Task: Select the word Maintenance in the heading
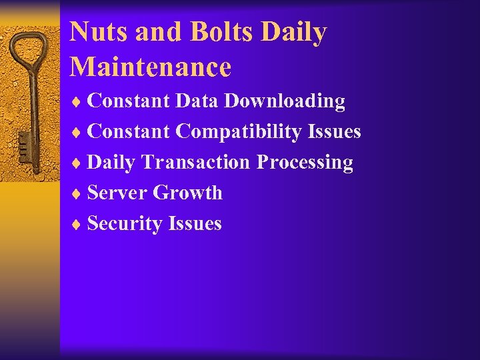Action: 150,67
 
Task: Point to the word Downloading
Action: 285,101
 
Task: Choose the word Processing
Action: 305,162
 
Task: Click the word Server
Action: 117,193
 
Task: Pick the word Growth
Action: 187,193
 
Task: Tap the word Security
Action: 125,223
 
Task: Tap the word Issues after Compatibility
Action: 335,132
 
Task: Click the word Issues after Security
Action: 195,223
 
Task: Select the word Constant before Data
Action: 129,101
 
